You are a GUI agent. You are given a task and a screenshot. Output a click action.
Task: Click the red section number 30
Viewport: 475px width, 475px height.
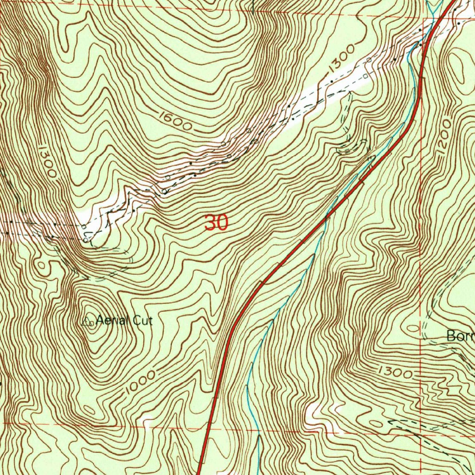pyautogui.click(x=216, y=223)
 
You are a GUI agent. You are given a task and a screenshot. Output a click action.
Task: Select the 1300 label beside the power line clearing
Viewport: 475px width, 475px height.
pyautogui.click(x=341, y=58)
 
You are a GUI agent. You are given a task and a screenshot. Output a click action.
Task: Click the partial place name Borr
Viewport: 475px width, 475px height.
pyautogui.click(x=460, y=336)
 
